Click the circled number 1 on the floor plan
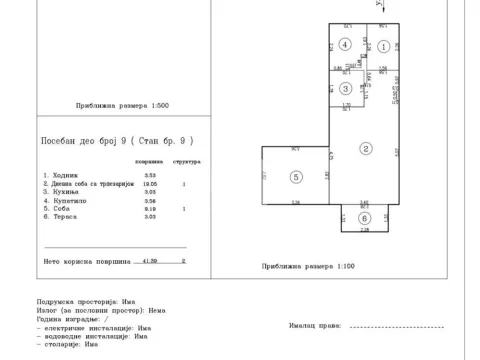(383, 46)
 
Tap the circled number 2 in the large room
(366, 148)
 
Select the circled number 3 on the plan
(343, 87)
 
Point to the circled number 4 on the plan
(343, 44)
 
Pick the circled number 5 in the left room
(295, 176)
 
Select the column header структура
(185, 160)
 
